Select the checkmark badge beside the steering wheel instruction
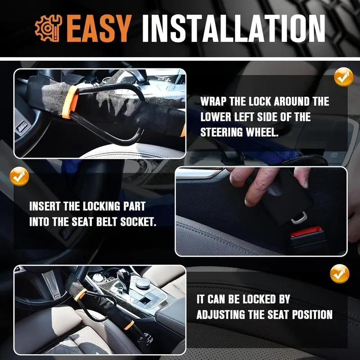tap(343, 78)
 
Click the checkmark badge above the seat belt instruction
tap(19, 177)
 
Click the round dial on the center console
tap(144, 283)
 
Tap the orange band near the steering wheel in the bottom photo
tap(80, 294)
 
